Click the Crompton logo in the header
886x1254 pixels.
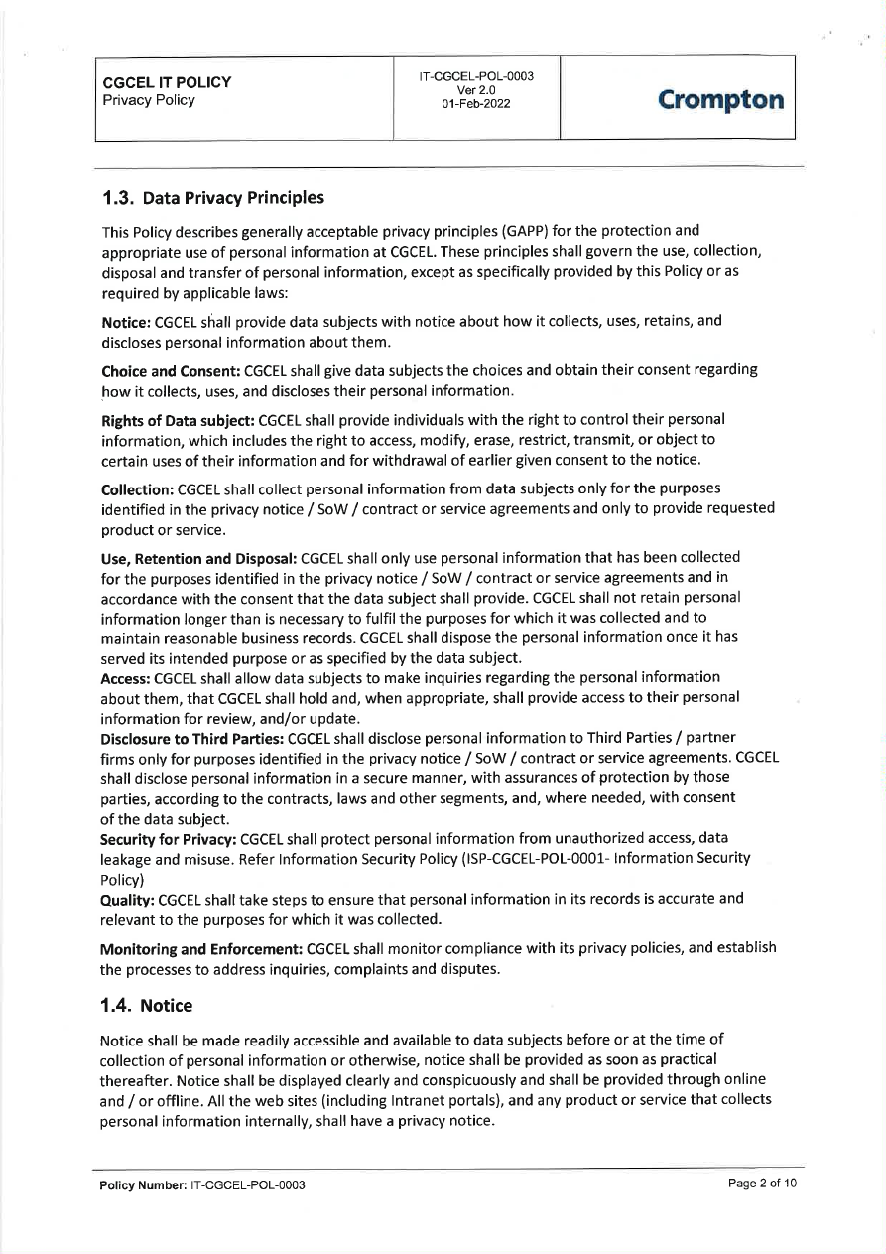click(x=720, y=100)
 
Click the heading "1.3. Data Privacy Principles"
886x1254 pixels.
click(x=212, y=197)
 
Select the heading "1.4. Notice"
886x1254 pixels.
click(x=147, y=1006)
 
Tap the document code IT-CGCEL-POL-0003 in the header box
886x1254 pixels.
click(x=476, y=76)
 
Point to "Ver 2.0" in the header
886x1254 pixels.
click(x=476, y=90)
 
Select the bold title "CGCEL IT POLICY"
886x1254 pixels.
click(x=167, y=82)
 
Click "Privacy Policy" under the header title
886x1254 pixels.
click(x=149, y=100)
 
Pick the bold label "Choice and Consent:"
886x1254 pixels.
click(x=171, y=370)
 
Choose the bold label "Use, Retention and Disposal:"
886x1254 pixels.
click(x=198, y=558)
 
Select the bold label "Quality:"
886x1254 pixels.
click(x=128, y=899)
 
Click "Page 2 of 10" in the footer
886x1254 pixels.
click(x=762, y=1184)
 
